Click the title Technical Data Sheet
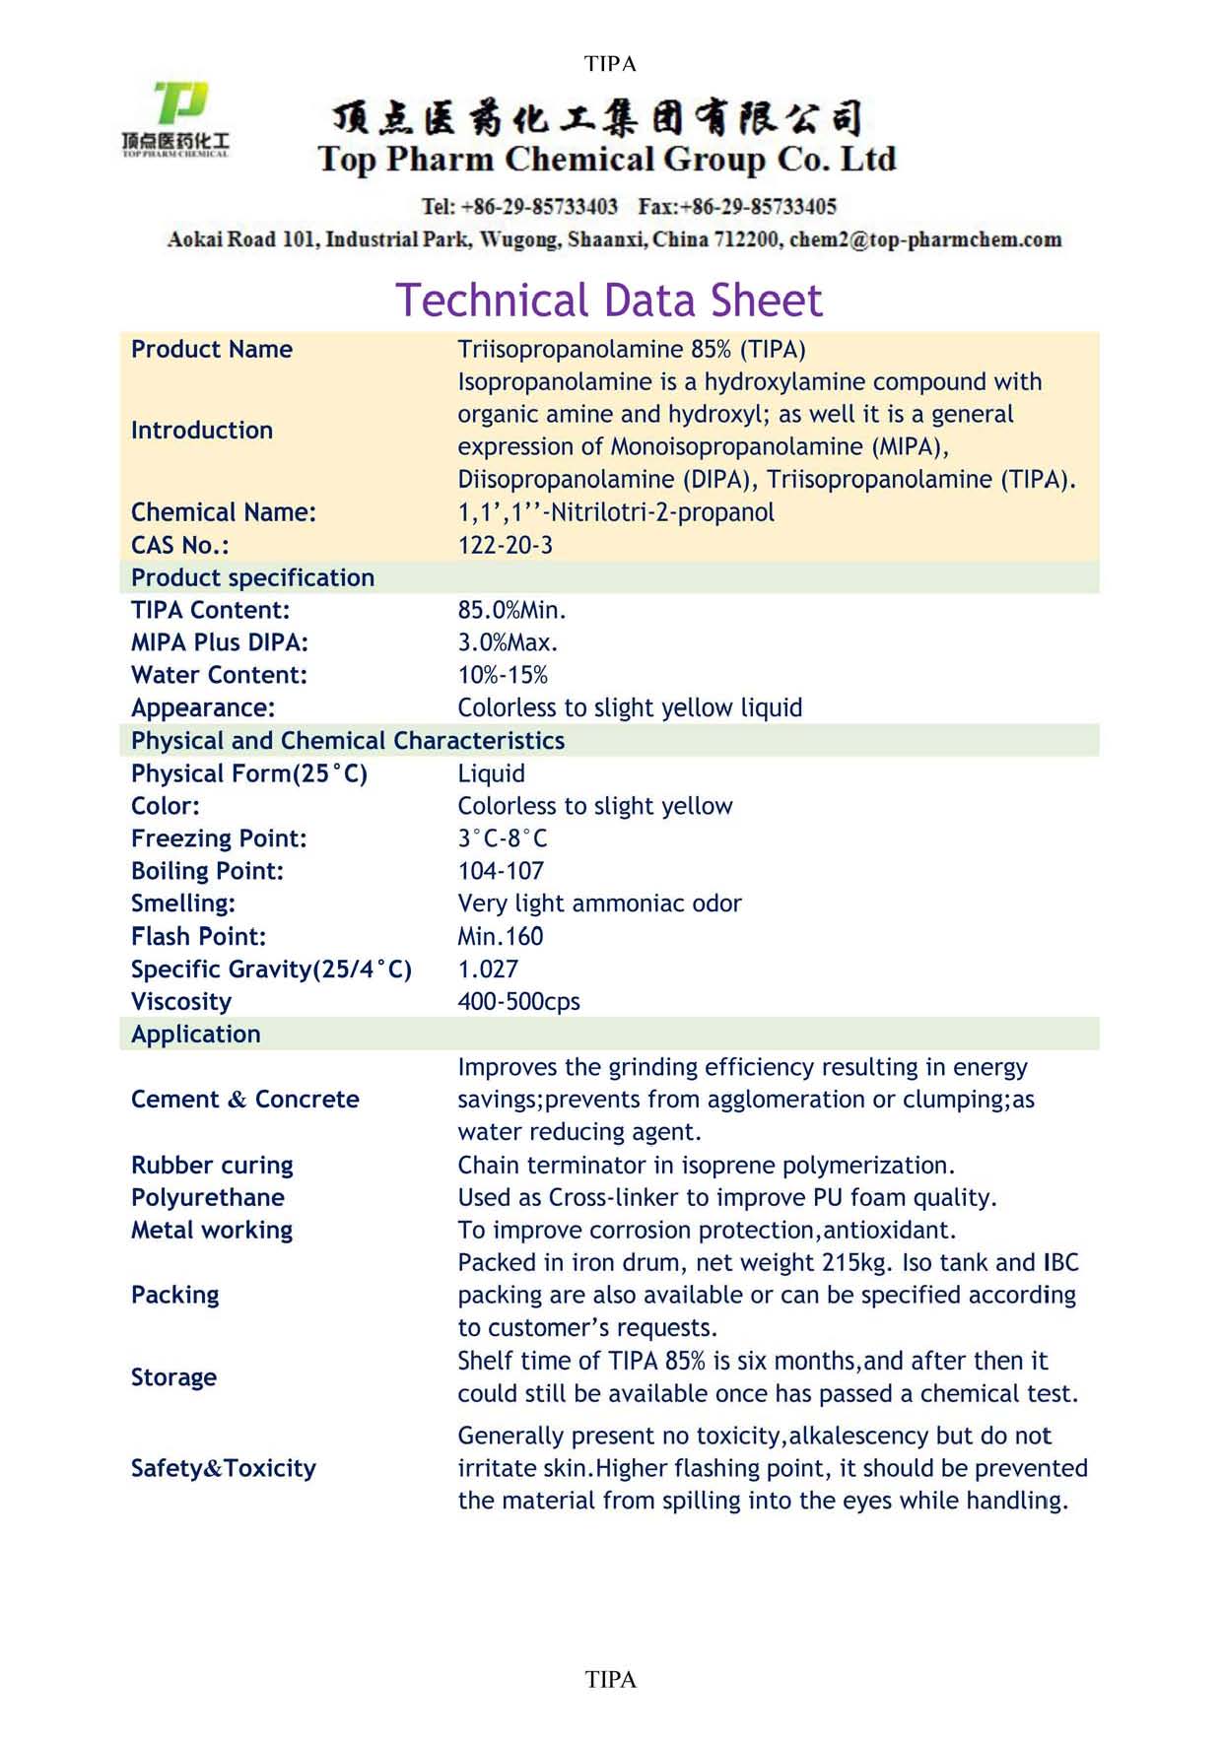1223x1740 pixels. point(609,301)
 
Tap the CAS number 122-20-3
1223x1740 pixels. point(505,545)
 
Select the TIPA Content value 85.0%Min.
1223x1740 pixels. point(511,610)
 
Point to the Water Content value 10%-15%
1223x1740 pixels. point(503,675)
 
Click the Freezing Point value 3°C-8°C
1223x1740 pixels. point(502,838)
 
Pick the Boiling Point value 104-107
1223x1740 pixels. point(501,871)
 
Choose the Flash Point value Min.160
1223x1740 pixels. point(500,936)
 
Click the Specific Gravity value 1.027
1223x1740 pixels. point(488,969)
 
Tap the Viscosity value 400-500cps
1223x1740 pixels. point(518,1001)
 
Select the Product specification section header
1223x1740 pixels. point(252,577)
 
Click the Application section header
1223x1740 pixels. point(196,1034)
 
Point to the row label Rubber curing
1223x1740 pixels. point(212,1165)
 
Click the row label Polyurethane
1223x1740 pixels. point(208,1197)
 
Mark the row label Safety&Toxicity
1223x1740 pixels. point(224,1468)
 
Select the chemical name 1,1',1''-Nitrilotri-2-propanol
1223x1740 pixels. point(616,512)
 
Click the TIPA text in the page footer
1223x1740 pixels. point(611,1680)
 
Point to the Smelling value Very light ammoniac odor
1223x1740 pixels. point(599,903)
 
